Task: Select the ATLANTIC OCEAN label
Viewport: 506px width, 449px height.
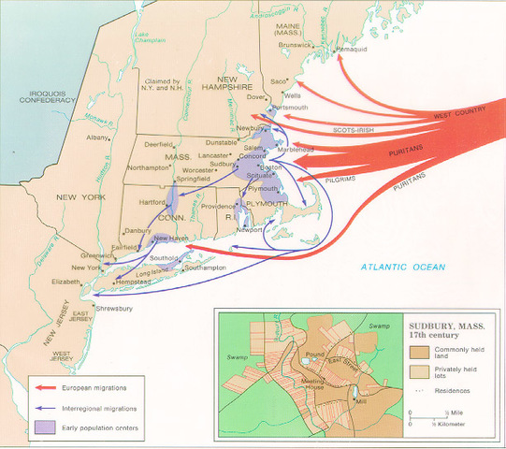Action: pyautogui.click(x=405, y=268)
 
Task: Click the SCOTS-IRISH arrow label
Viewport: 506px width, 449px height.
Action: pyautogui.click(x=356, y=131)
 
